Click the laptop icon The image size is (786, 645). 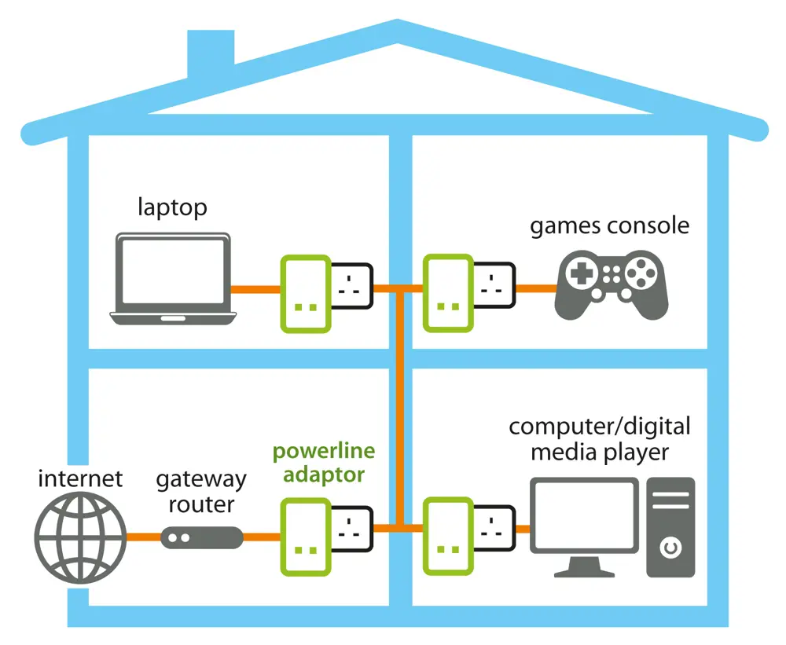coord(173,278)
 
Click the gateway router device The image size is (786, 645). coord(201,538)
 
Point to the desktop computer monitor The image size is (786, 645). coord(582,519)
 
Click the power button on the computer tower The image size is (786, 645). coord(670,547)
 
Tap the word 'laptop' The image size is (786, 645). coord(172,207)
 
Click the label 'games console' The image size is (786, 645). coord(609,226)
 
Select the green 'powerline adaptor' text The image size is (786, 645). coord(323,464)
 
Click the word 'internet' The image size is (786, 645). coord(80,478)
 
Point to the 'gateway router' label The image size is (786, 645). coord(201,491)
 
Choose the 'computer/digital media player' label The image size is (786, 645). coord(600,440)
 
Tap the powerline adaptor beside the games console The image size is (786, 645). coord(448,293)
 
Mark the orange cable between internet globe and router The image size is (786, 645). coord(143,538)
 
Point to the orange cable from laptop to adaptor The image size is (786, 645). coord(255,288)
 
